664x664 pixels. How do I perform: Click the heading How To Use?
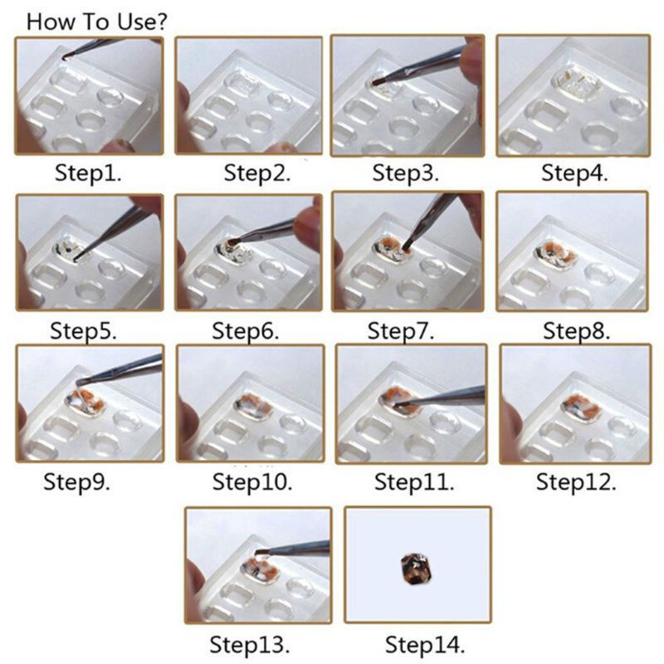point(97,22)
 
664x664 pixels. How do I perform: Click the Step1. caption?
point(88,173)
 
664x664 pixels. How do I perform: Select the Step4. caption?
point(574,173)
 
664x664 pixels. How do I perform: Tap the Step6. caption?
point(245,331)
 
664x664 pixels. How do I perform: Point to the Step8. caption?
point(576,331)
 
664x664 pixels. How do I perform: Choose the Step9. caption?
point(76,482)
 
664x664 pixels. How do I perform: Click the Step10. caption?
point(252,482)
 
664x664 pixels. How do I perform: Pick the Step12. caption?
point(576,482)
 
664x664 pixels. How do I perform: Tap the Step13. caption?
point(250,645)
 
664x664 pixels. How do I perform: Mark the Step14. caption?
point(425,645)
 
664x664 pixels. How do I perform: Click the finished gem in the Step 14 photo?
point(414,569)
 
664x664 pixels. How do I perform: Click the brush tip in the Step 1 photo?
point(66,57)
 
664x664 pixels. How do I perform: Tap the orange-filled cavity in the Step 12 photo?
point(580,407)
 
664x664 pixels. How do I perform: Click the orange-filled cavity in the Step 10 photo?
point(253,407)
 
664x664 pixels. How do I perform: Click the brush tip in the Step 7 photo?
point(408,246)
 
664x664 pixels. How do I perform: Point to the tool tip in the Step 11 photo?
point(397,405)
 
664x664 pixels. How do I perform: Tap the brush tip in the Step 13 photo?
point(260,553)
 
